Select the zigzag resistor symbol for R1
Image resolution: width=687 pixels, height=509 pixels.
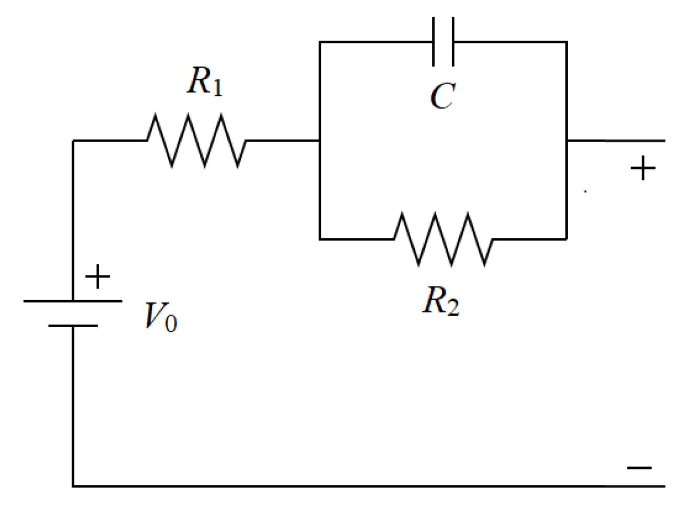pyautogui.click(x=196, y=141)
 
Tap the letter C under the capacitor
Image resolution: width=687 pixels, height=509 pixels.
pyautogui.click(x=443, y=96)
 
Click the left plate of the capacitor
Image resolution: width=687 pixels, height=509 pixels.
pyautogui.click(x=434, y=42)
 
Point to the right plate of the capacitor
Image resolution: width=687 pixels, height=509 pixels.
pyautogui.click(x=452, y=42)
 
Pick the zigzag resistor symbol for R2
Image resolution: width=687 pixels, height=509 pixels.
pyautogui.click(x=443, y=239)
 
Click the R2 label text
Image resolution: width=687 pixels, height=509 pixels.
pyautogui.click(x=441, y=303)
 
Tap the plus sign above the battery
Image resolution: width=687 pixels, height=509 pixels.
pyautogui.click(x=98, y=276)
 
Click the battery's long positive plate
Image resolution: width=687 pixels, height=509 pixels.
pyautogui.click(x=73, y=301)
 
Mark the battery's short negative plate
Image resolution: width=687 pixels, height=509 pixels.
pyautogui.click(x=73, y=326)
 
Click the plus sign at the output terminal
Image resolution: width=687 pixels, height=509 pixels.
pyautogui.click(x=643, y=169)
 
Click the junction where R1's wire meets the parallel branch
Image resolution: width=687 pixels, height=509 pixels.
pyautogui.click(x=320, y=141)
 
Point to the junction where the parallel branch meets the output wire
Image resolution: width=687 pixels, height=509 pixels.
pyautogui.click(x=567, y=141)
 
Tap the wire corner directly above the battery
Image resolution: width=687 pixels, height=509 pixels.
pyautogui.click(x=73, y=141)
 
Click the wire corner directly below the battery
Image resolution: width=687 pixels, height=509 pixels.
pyautogui.click(x=73, y=486)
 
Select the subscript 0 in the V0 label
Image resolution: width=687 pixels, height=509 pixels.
pyautogui.click(x=170, y=323)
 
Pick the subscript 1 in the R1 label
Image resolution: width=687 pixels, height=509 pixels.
pyautogui.click(x=217, y=89)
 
